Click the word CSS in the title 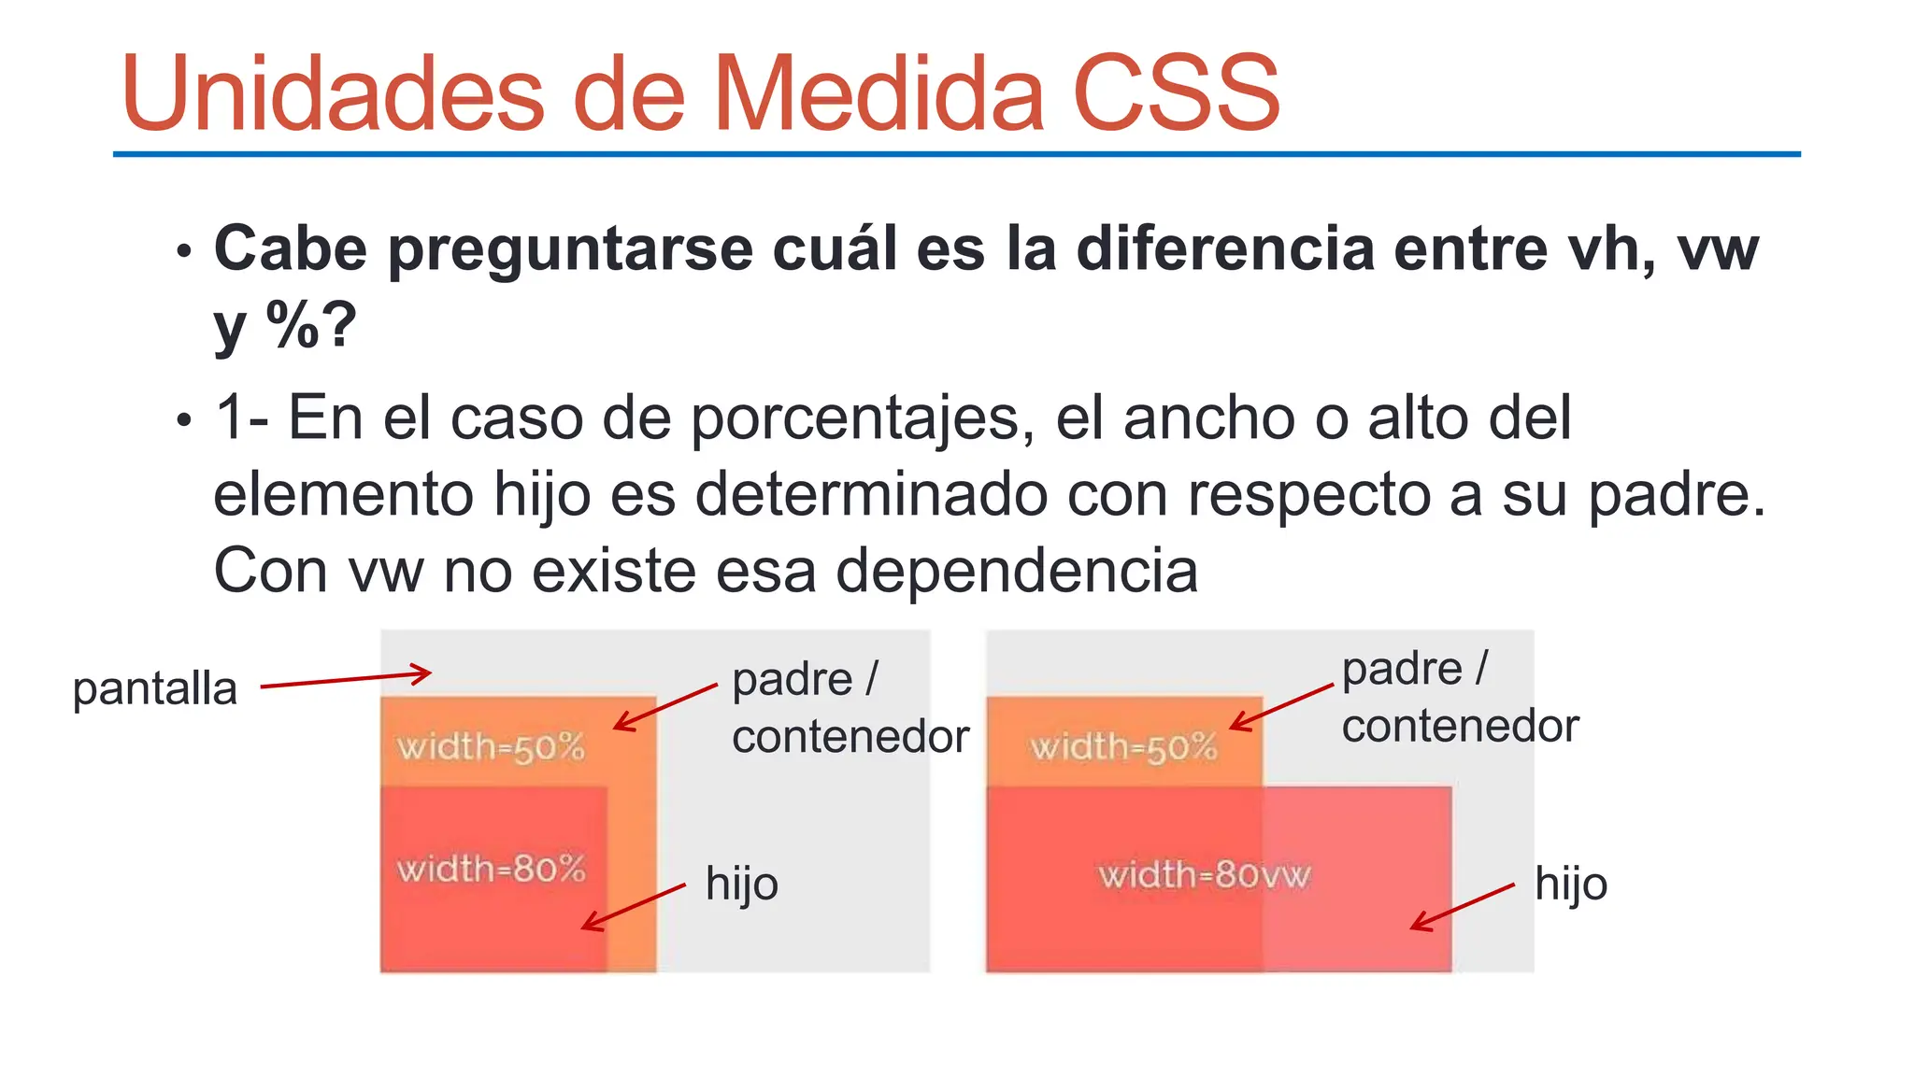point(1176,93)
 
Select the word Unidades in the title point(332,93)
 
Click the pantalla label point(155,689)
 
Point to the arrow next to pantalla point(345,679)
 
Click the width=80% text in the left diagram point(491,870)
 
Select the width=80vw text point(1204,875)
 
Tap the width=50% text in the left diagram point(491,747)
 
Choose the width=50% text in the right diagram point(1123,747)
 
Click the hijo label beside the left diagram point(741,884)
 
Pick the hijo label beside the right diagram point(1570,884)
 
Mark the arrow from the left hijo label point(634,906)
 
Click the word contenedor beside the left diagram point(850,737)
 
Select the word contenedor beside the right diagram point(1460,727)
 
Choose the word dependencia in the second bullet point(1016,571)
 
